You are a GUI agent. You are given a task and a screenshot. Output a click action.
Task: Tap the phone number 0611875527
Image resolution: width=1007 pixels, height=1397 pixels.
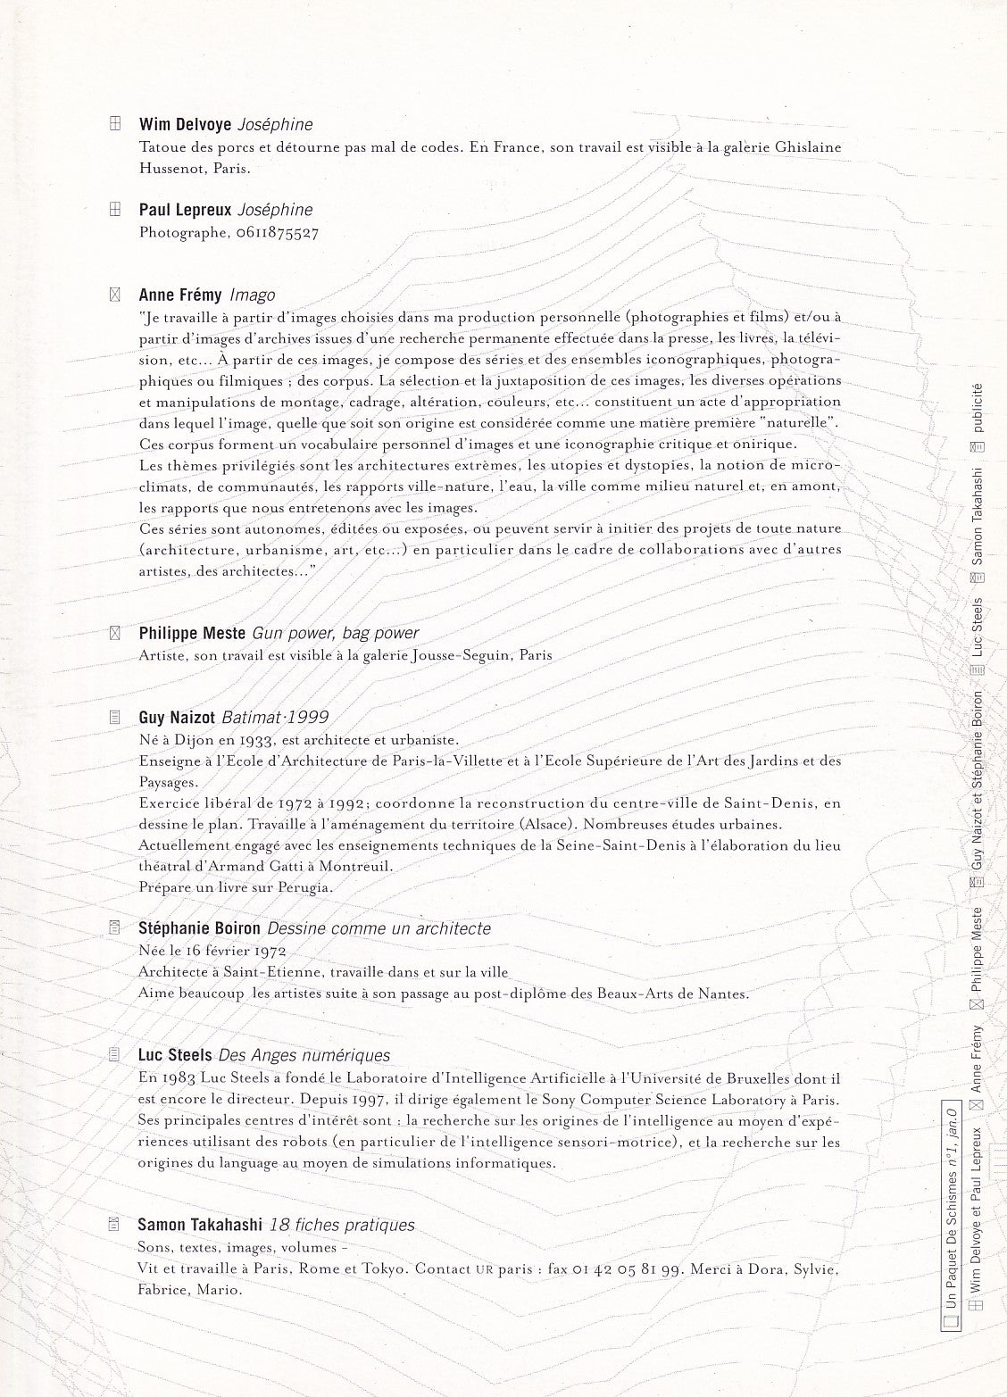tap(278, 233)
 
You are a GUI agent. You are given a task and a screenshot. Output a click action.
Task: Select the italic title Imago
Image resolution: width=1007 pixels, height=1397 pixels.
tap(253, 295)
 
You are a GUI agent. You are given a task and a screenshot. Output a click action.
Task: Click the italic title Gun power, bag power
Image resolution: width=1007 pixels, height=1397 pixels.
tap(336, 633)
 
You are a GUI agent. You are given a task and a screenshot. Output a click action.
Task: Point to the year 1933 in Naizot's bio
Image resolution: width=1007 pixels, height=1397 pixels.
tap(260, 740)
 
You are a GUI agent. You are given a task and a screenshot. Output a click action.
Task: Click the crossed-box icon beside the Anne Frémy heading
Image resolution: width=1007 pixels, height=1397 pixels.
tap(113, 295)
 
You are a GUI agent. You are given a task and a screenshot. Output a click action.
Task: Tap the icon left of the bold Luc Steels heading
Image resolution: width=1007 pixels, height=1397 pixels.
tap(113, 1055)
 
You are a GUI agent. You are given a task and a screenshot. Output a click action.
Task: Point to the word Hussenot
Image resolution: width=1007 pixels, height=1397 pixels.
tap(171, 168)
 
